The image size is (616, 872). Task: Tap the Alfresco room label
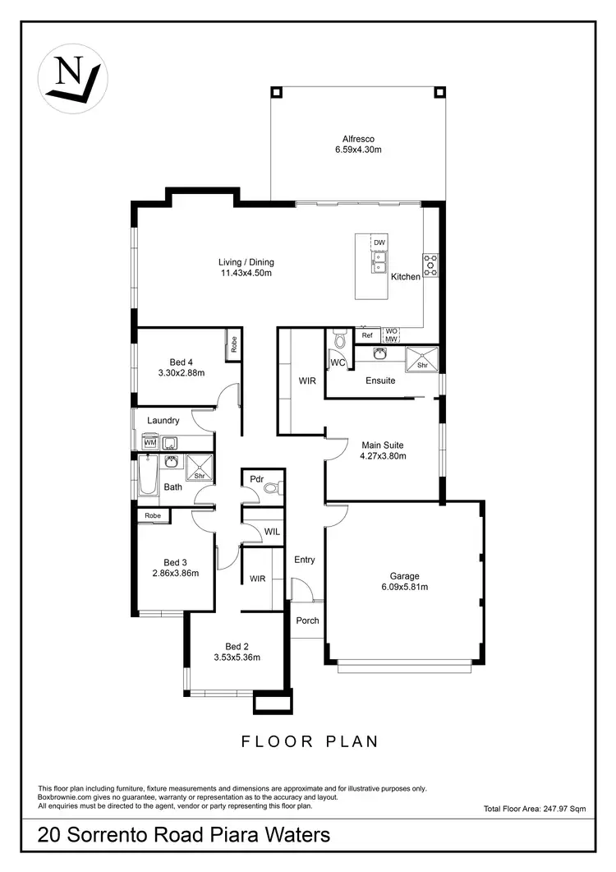358,139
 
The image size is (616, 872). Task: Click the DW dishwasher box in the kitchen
379,243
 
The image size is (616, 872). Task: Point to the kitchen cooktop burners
430,264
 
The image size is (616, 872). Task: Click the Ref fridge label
367,335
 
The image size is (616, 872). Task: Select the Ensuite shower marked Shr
423,360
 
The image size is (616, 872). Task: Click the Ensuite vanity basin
379,354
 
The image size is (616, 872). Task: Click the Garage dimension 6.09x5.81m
404,587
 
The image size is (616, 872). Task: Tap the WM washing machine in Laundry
149,443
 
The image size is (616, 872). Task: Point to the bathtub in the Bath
147,477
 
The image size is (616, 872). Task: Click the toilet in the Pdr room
272,488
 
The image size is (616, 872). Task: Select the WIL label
272,532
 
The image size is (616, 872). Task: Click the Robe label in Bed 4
234,344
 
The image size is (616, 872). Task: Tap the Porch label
307,621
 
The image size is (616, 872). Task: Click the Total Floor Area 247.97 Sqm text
535,810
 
